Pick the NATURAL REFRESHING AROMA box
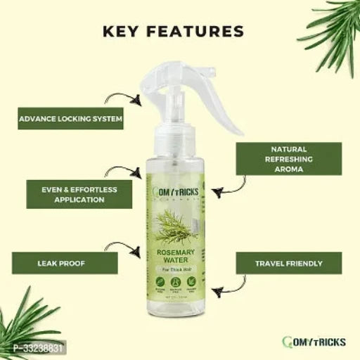[288, 159]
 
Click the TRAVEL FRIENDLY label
[288, 264]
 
